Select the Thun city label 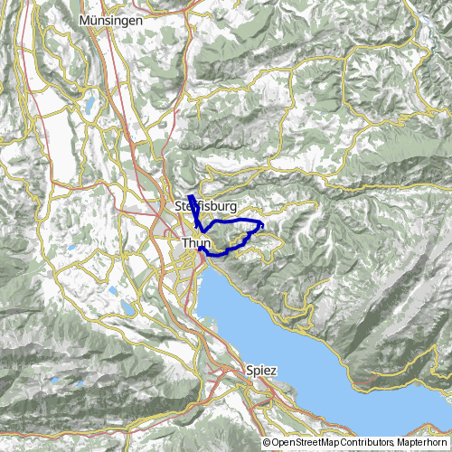point(195,243)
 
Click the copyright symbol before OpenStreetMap point(268,443)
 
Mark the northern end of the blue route point(190,196)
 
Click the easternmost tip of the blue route point(263,223)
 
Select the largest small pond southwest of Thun point(112,291)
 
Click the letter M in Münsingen point(85,19)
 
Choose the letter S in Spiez point(249,371)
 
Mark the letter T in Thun point(185,243)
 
